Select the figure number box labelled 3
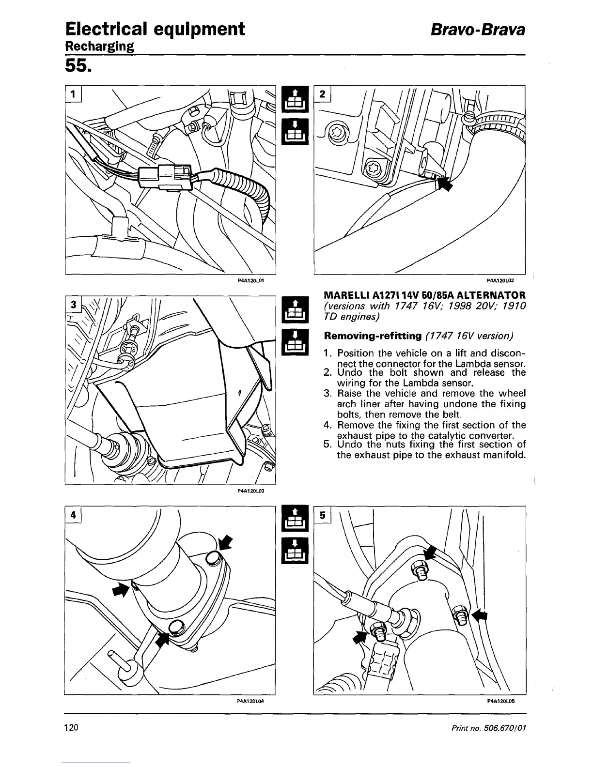point(73,305)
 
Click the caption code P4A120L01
point(250,280)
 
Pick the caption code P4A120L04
point(250,701)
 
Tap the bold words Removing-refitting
point(372,336)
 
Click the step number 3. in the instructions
point(327,393)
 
